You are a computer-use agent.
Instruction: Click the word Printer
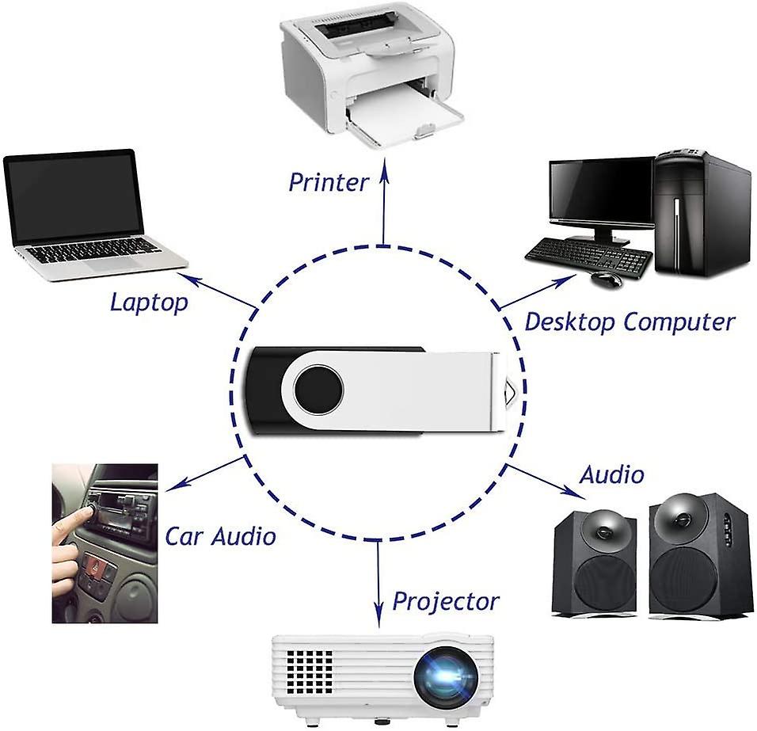tap(329, 182)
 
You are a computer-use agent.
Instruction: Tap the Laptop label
tap(149, 303)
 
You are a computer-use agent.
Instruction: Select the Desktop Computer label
tap(630, 322)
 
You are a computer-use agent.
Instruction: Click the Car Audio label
tap(220, 536)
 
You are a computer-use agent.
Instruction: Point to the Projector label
tap(446, 602)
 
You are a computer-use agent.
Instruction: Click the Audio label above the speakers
tap(611, 474)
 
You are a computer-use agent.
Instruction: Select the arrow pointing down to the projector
tap(378, 584)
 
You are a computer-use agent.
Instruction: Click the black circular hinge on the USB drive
tap(318, 389)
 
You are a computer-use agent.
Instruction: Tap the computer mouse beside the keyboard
tap(606, 279)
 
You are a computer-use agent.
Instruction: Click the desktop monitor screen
tap(602, 188)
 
